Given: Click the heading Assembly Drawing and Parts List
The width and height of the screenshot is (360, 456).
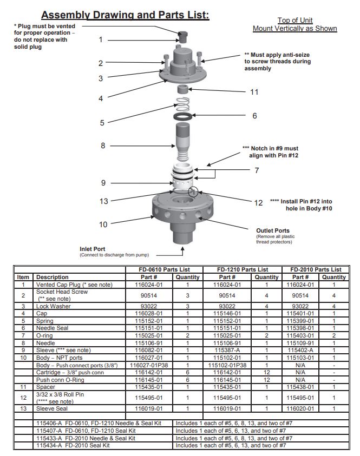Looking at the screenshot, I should click(x=125, y=15).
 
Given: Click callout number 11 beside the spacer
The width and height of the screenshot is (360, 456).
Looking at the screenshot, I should click(x=254, y=92).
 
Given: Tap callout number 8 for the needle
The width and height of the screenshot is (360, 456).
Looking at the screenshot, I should click(x=103, y=146).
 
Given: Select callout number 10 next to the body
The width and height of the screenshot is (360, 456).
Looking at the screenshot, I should click(x=103, y=224).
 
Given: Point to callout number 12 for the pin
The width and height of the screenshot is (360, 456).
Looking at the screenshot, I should click(x=259, y=203).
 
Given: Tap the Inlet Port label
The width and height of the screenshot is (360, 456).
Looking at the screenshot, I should click(x=92, y=249).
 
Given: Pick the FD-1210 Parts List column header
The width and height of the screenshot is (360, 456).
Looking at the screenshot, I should click(x=242, y=269).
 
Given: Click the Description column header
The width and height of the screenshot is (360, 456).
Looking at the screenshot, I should click(x=53, y=277).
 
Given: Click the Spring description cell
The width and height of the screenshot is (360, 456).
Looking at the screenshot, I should click(x=45, y=320).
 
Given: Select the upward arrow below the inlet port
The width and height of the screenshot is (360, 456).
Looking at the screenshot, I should click(x=182, y=250).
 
